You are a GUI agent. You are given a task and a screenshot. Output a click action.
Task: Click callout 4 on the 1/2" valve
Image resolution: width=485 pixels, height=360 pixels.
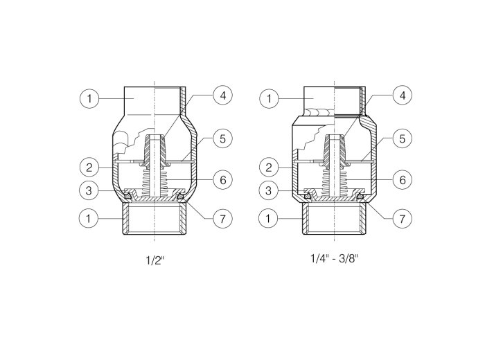tap(222, 96)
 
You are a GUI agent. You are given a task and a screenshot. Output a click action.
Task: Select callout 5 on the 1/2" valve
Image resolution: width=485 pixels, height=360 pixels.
tap(222, 138)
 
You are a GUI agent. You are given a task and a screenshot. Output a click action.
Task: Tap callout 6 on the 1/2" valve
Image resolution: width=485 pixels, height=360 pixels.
tap(222, 179)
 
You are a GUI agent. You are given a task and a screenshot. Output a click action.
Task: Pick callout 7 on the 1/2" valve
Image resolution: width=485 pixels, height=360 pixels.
tap(222, 219)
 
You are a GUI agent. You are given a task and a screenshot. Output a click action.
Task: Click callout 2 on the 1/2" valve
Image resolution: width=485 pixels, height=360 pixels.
tap(89, 168)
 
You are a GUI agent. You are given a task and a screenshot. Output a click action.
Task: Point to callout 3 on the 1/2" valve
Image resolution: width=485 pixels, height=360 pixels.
tap(89, 190)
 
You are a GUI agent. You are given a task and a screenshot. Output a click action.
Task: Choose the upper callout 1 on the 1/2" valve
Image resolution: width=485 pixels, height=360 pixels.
tap(89, 98)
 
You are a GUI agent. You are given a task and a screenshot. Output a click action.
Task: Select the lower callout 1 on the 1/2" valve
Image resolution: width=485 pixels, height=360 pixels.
tap(89, 218)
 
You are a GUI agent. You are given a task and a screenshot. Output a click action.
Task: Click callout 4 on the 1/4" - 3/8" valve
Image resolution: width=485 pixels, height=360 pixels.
tap(403, 96)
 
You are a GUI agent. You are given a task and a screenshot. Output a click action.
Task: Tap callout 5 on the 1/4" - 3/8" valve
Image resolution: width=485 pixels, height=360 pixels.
tap(403, 138)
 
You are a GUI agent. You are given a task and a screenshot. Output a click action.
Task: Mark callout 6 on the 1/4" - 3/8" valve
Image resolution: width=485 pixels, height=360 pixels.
tap(403, 179)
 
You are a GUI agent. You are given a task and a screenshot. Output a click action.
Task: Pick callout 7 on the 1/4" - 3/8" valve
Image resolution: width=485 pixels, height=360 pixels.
tap(403, 219)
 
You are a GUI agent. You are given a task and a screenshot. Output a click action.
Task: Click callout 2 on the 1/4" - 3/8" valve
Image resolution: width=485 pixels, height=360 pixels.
tap(269, 168)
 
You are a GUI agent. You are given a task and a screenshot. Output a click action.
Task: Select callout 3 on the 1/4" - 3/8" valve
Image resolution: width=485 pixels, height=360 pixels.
tap(269, 190)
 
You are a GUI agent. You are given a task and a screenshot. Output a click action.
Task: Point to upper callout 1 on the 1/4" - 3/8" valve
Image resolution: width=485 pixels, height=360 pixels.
tap(269, 98)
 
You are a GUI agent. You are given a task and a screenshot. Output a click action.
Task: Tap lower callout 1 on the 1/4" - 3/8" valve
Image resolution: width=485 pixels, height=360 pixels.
tap(269, 218)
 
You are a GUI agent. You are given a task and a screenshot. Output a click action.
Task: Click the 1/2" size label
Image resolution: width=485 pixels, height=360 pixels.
tap(155, 260)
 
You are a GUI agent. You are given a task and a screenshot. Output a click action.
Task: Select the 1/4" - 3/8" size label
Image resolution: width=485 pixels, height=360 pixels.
tap(334, 258)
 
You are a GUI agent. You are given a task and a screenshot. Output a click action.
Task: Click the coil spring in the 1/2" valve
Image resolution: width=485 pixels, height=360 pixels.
tap(154, 182)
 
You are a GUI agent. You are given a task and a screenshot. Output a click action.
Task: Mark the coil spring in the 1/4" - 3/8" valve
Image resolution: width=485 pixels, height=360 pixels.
tap(334, 182)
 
